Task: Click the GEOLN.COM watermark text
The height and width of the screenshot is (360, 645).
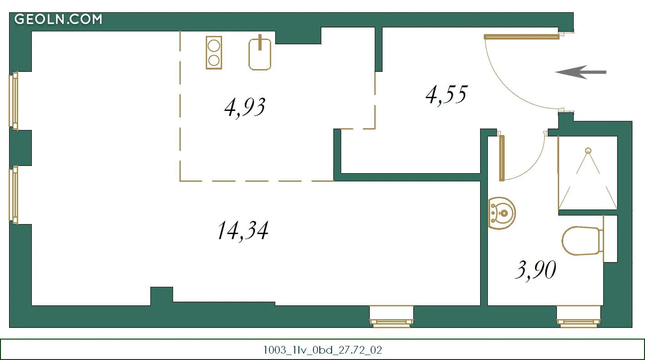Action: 59,19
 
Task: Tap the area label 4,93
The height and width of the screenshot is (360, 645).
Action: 245,107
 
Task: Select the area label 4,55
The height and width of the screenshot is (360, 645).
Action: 447,95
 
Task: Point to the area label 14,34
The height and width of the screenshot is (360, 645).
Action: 243,230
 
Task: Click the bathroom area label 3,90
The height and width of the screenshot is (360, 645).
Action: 536,270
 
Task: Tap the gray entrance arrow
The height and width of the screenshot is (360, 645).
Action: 580,72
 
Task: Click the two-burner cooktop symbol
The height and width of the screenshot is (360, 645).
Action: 214,53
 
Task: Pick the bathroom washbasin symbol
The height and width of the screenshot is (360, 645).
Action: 501,213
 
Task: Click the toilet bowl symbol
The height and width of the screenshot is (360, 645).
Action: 582,241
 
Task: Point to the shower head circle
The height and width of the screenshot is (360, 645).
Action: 588,151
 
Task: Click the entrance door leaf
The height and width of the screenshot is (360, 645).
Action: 521,37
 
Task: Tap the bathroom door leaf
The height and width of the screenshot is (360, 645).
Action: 501,158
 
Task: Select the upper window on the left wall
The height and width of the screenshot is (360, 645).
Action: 14,101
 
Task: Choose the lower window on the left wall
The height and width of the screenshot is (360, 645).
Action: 14,195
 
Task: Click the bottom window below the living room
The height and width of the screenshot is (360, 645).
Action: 392,316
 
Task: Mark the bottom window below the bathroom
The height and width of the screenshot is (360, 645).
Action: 579,316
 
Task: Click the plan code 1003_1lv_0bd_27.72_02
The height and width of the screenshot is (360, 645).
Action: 322,350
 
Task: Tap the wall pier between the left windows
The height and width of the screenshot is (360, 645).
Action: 20,148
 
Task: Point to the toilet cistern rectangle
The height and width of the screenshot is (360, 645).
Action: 610,239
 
